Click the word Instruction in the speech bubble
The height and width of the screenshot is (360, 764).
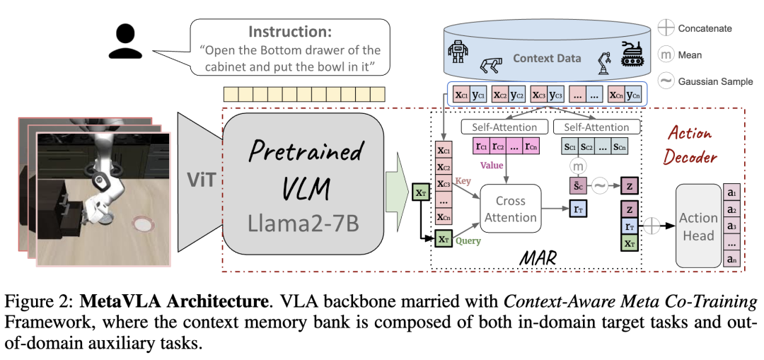click(x=290, y=32)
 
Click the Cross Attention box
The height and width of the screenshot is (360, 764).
click(x=510, y=209)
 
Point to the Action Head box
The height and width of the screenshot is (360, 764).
click(x=698, y=226)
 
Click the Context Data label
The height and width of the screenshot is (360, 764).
click(x=547, y=57)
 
